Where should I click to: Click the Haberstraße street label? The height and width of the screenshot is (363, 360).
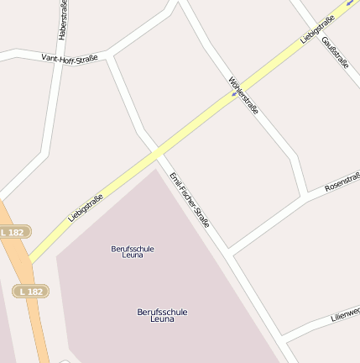[x=62, y=20]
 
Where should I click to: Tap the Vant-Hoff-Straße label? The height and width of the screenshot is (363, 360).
[x=70, y=58]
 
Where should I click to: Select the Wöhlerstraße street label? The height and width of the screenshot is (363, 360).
[x=243, y=96]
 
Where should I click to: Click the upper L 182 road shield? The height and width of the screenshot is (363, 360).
[x=14, y=231]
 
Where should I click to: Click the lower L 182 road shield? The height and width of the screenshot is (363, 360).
[x=31, y=291]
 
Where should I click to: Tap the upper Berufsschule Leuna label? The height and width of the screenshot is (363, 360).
[x=133, y=251]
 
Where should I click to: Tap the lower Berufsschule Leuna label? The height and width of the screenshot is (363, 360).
[x=162, y=315]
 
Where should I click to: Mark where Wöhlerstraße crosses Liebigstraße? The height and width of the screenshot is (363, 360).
[x=233, y=95]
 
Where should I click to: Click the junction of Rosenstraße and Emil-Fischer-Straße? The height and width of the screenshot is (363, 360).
[x=229, y=252]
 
